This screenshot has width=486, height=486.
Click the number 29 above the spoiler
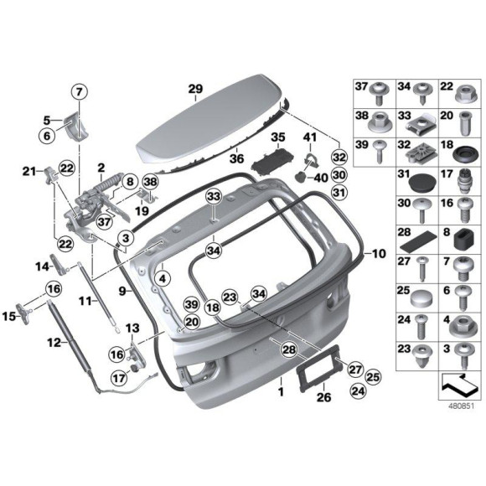[195, 90]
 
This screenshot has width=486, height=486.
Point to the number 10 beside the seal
[380, 251]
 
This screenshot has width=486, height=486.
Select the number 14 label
[42, 266]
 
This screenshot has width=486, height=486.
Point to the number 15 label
[11, 316]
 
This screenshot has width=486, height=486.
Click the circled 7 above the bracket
[78, 92]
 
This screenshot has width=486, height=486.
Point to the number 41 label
[310, 136]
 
